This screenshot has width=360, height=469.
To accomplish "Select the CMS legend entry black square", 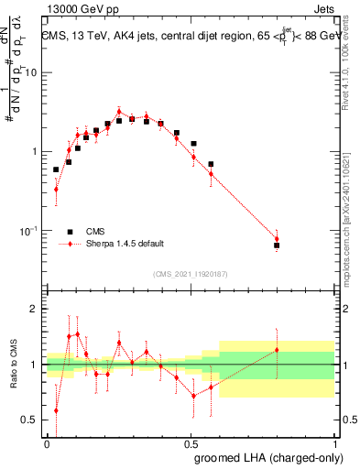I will click(x=67, y=232).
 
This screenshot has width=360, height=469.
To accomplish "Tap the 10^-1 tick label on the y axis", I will click(x=29, y=229).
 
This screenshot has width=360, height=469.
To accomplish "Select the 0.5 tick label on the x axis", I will click(x=191, y=442).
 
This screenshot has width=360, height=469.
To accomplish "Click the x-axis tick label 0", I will click(x=47, y=442).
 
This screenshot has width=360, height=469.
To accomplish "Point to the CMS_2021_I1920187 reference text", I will click(x=190, y=274).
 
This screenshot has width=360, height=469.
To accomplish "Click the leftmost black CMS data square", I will click(x=56, y=169).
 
